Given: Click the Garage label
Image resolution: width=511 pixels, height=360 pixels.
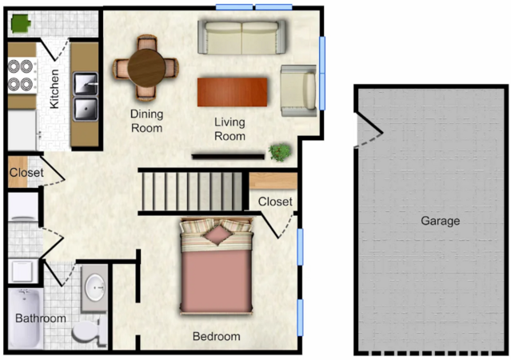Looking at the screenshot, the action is click(x=441, y=221).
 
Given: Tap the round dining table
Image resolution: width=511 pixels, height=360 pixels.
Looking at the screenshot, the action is click(x=146, y=68).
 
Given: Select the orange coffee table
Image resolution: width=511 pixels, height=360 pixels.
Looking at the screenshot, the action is click(x=233, y=92).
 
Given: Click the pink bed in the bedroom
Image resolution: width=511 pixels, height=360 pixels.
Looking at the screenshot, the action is click(x=217, y=266).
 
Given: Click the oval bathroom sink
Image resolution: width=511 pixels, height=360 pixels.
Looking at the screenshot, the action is click(x=95, y=288).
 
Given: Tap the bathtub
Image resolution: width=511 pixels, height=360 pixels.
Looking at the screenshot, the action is click(x=25, y=318).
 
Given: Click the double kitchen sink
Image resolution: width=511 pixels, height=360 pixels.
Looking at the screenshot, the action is click(x=85, y=97).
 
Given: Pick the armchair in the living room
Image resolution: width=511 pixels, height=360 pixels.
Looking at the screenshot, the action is click(x=298, y=90).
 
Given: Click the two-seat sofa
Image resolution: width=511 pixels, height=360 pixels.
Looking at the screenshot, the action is click(x=242, y=37).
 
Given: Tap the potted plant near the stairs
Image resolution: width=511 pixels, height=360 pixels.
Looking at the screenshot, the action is click(x=280, y=152).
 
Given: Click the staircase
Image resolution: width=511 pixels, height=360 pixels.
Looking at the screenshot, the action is click(x=192, y=191).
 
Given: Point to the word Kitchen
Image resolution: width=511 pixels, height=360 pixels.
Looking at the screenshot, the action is click(x=54, y=88).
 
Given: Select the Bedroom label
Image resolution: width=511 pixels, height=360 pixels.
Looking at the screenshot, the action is click(x=217, y=336).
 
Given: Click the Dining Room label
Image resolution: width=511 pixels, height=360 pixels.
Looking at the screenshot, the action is click(x=146, y=121).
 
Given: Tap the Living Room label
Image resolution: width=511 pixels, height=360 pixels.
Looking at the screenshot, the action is click(x=230, y=129).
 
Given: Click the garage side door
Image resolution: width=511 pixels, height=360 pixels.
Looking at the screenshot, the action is click(x=369, y=130).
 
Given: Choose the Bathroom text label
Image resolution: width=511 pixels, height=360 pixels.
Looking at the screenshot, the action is click(x=41, y=318).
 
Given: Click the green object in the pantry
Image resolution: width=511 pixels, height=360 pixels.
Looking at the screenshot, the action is click(x=21, y=24).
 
